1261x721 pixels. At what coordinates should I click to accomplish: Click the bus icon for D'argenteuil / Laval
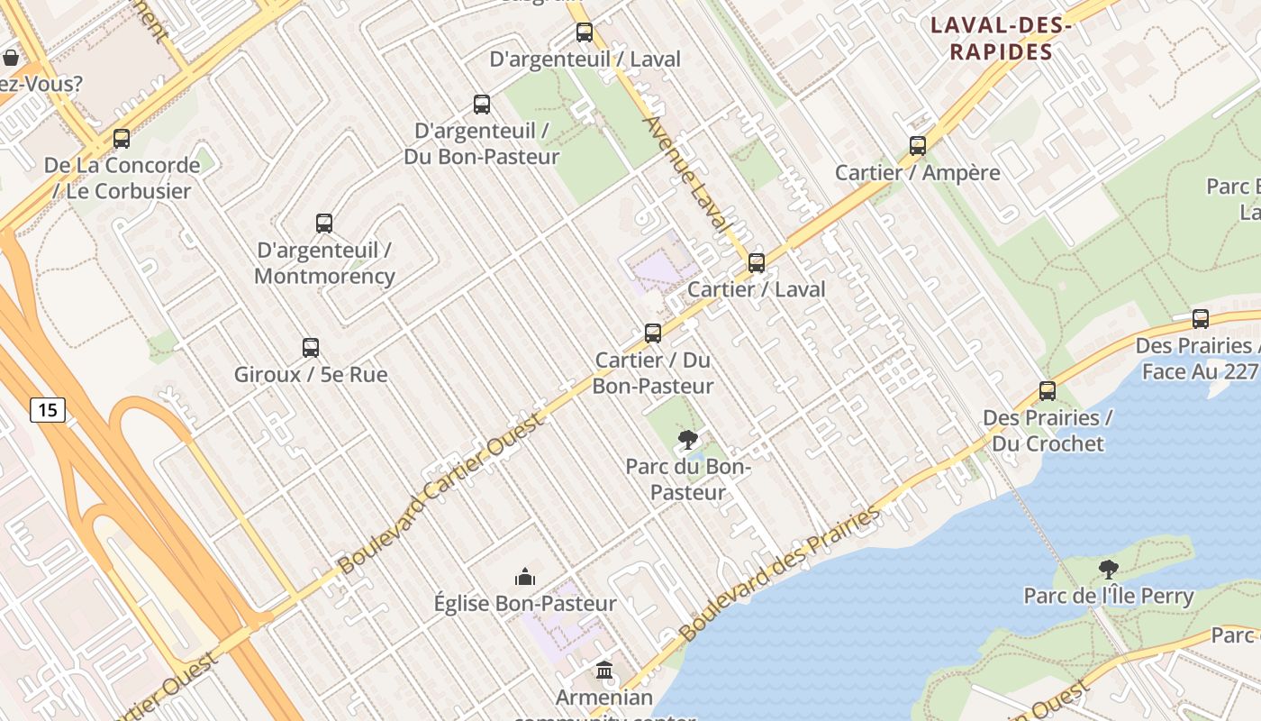tap(585, 32)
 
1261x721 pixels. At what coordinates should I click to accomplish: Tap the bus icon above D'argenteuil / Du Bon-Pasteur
tap(482, 105)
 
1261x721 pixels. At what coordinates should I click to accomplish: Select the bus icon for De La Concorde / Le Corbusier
tap(122, 139)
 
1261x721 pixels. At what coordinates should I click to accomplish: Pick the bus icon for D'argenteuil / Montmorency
tap(324, 224)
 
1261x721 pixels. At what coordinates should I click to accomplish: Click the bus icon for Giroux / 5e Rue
tap(311, 348)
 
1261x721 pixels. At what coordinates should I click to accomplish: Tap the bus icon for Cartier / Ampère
tap(918, 146)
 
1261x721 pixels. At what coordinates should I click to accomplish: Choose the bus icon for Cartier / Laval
tap(757, 263)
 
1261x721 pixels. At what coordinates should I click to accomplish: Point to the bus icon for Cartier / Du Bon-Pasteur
tap(653, 333)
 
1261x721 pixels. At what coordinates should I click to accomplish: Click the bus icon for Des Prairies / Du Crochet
tap(1048, 391)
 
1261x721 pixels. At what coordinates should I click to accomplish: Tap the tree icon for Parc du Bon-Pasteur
tap(688, 440)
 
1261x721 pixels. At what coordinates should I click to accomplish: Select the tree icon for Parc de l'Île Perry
tap(1109, 570)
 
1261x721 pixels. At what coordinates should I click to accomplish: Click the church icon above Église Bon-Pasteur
tap(525, 577)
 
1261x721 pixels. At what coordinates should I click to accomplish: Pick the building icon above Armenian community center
tap(604, 671)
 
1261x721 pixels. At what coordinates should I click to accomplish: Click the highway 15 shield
tap(48, 410)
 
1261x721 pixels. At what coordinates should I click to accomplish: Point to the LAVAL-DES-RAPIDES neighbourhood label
tap(1001, 39)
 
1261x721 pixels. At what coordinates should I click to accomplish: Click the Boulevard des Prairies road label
tap(780, 573)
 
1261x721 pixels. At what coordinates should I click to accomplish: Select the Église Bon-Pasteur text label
tap(525, 604)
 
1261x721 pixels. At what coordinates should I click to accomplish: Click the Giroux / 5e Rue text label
tap(311, 374)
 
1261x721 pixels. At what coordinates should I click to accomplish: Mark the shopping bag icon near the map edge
tap(11, 58)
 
